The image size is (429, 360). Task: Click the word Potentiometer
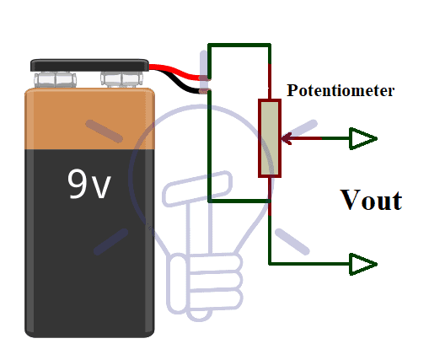(x=341, y=90)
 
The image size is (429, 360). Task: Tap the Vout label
(x=371, y=200)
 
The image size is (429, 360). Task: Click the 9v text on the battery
(x=89, y=184)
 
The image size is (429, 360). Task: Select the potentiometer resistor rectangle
(x=270, y=138)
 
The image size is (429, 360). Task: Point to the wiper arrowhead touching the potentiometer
(x=286, y=138)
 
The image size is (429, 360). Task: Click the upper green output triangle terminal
(x=363, y=138)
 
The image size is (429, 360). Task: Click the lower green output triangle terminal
(x=363, y=264)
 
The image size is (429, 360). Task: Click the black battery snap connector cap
(x=89, y=65)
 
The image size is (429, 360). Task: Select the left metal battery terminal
(x=56, y=79)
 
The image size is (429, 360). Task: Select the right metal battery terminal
(x=122, y=79)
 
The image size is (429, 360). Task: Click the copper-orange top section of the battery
(x=89, y=119)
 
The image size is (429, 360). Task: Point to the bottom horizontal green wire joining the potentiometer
(x=239, y=201)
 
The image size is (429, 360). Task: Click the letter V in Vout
(x=351, y=200)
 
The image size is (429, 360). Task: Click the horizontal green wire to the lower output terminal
(x=309, y=264)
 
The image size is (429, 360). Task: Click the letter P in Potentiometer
(x=292, y=90)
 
